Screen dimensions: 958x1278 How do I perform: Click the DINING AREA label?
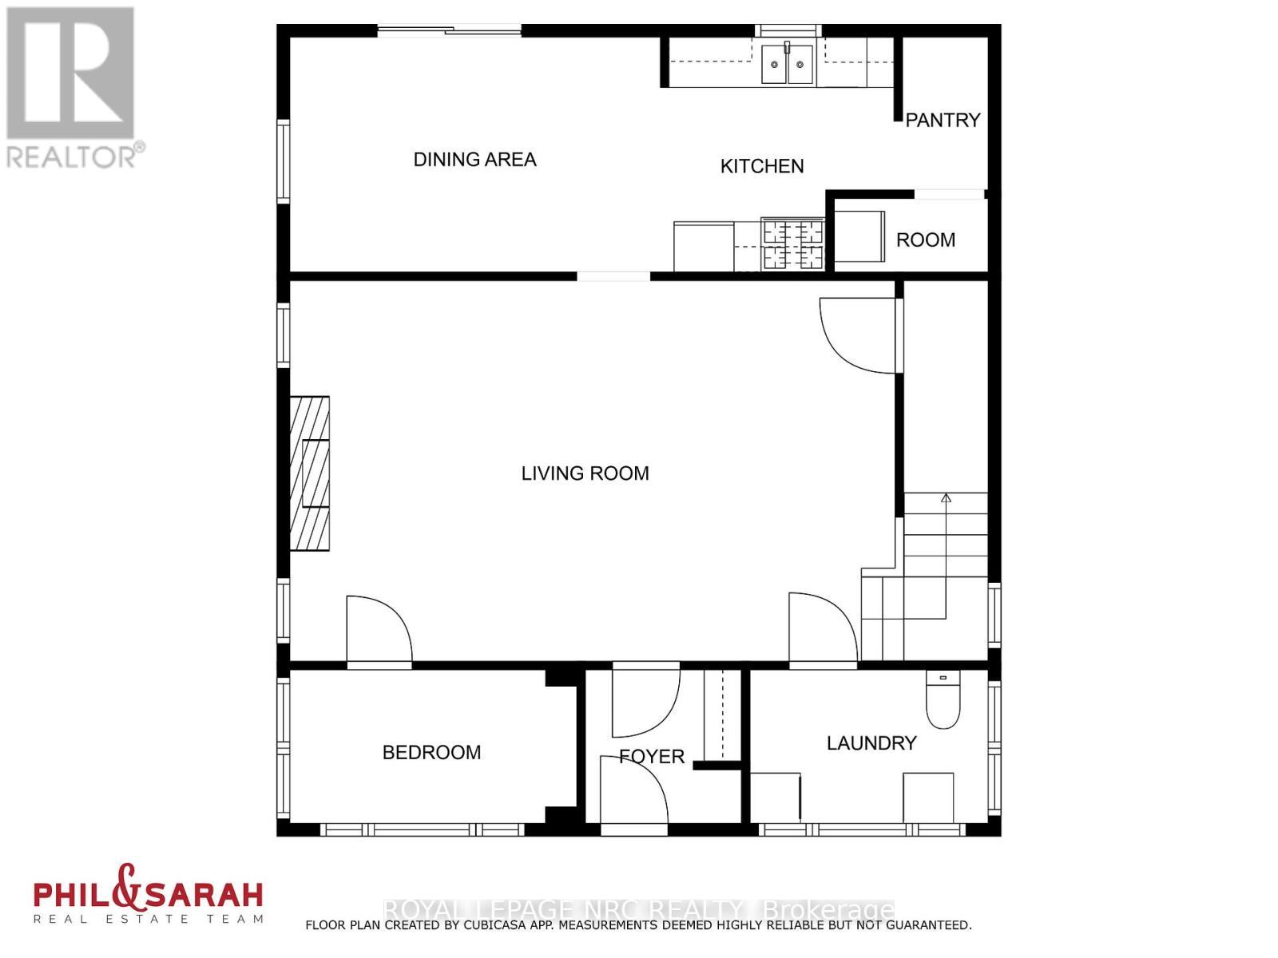(x=474, y=160)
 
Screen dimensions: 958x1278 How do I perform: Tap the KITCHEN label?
(x=762, y=166)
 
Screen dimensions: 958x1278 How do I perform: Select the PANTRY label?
(x=943, y=120)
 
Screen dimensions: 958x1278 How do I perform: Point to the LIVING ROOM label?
(x=585, y=473)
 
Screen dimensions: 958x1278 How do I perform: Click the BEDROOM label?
(x=431, y=752)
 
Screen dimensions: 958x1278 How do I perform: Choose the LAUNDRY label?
(x=871, y=743)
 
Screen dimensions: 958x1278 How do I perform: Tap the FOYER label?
(x=652, y=756)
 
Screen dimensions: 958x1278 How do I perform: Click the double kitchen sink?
(x=787, y=65)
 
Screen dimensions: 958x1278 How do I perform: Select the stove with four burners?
(x=792, y=244)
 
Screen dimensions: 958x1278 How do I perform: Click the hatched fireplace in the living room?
(x=310, y=473)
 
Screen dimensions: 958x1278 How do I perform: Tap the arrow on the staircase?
(x=947, y=499)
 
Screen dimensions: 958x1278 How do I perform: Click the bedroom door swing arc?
(x=379, y=629)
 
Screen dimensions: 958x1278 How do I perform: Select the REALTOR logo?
(x=71, y=88)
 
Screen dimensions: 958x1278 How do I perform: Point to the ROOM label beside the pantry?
(x=925, y=240)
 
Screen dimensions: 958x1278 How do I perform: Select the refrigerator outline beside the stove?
(x=704, y=247)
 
